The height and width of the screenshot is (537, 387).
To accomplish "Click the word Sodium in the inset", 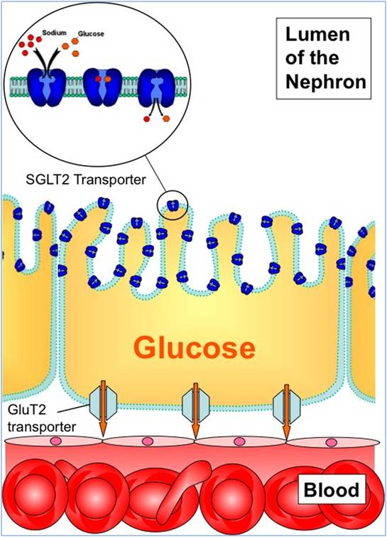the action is [54, 33].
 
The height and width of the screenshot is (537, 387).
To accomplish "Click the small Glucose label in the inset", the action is [91, 34].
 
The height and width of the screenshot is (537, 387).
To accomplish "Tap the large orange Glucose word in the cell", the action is [195, 348].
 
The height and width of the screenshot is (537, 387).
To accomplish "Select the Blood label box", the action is [332, 489].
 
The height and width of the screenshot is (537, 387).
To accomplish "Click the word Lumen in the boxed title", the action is [317, 34].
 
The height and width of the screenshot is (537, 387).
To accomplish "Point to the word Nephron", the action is [326, 82].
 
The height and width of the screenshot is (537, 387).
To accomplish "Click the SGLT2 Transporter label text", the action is [86, 180].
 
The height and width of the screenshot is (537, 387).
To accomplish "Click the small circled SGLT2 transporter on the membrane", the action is [173, 206].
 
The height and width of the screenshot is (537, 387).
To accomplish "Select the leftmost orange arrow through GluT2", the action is [103, 408].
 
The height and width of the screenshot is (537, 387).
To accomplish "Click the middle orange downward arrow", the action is [195, 411].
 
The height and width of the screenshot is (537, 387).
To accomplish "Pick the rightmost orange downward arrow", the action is [287, 411].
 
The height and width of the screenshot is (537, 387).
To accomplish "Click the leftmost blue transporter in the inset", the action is [48, 87].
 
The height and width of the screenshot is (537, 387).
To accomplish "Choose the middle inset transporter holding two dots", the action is [103, 87].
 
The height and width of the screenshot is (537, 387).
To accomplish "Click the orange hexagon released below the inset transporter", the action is [167, 119].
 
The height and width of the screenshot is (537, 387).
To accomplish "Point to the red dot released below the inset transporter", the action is [146, 119].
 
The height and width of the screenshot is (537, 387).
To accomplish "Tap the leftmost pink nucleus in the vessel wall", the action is [55, 440].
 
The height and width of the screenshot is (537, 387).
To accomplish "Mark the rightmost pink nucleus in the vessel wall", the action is [331, 442].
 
